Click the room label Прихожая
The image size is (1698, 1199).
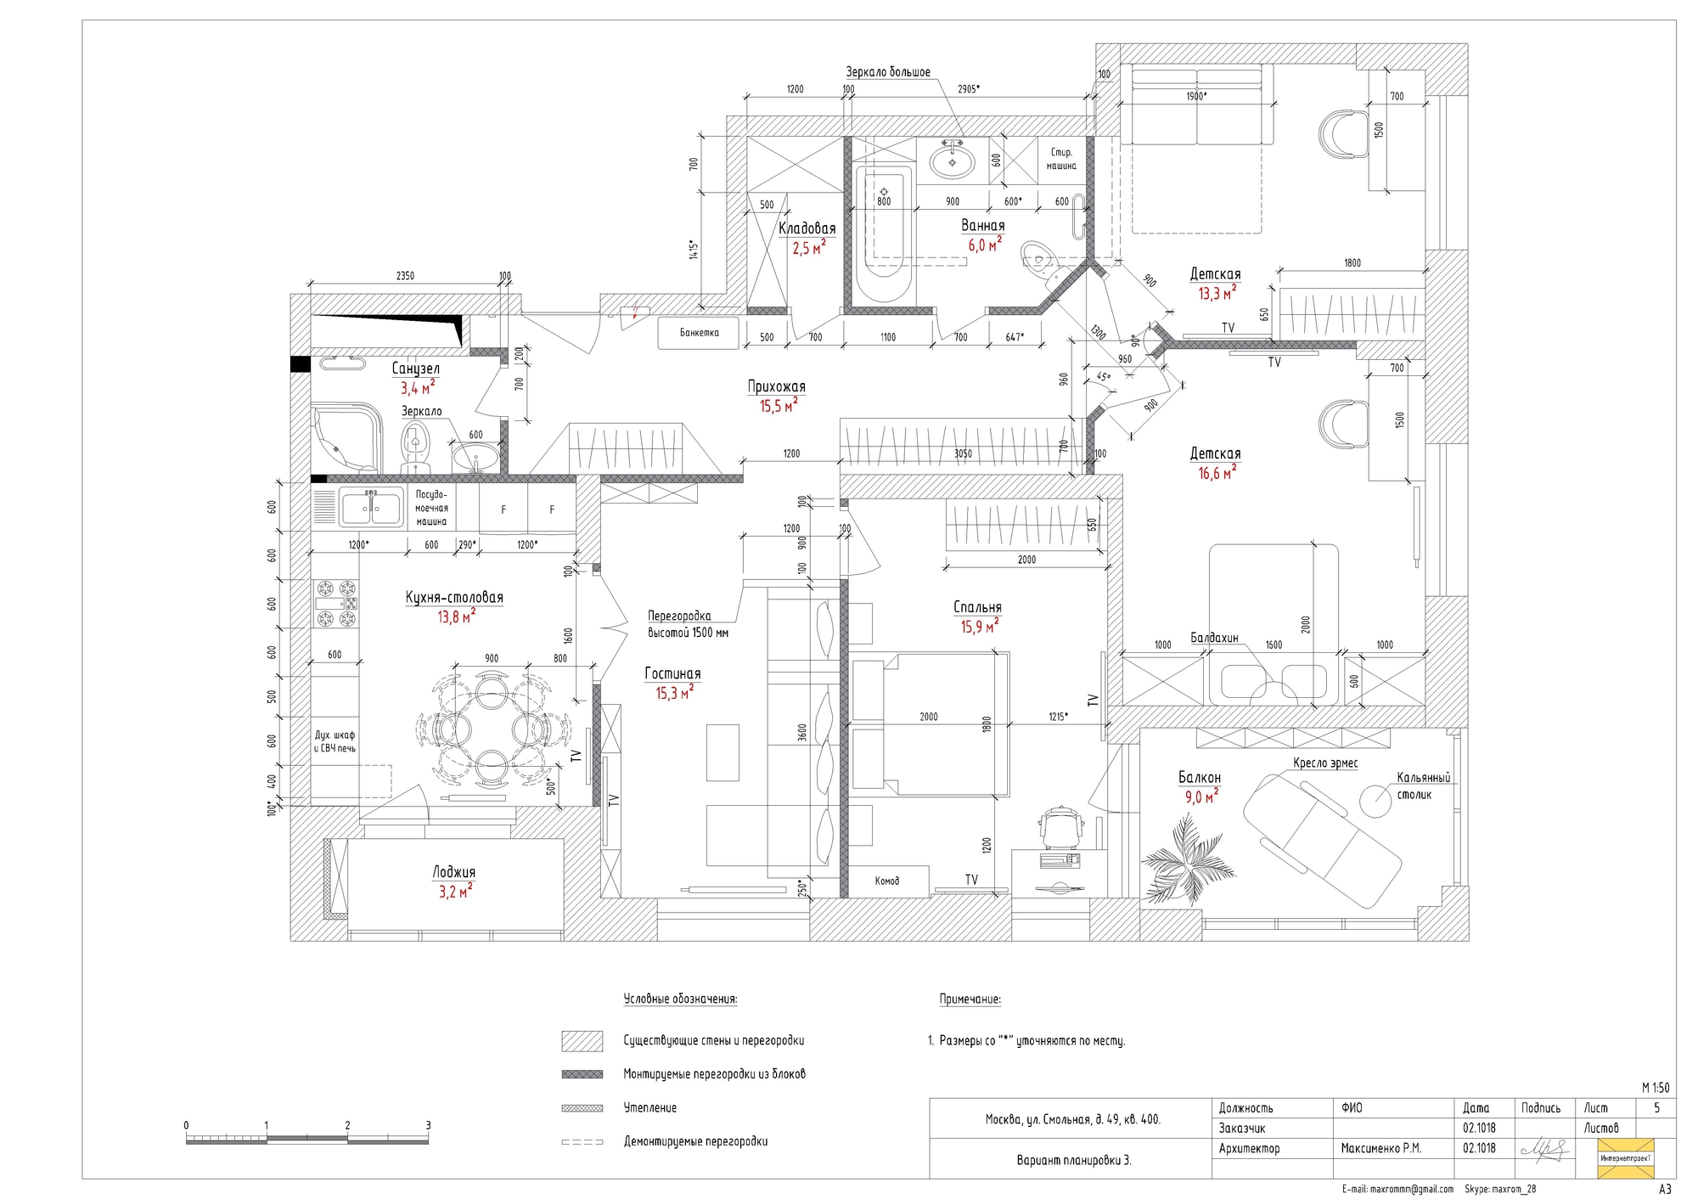(x=776, y=386)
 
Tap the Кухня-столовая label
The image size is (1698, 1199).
(x=454, y=598)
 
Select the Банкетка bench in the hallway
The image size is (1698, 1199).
(x=699, y=333)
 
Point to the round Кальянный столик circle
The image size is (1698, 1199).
(x=1375, y=800)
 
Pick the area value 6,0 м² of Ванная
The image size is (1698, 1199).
(x=985, y=245)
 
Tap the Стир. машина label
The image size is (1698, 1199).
(x=1061, y=159)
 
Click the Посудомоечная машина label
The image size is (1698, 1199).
(x=431, y=508)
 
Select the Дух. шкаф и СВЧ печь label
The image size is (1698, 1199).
(x=335, y=741)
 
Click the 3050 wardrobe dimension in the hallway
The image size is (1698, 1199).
(x=963, y=453)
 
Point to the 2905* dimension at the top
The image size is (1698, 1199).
(x=968, y=89)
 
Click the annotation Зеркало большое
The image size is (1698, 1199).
(x=888, y=72)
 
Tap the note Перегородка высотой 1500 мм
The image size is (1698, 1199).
(x=688, y=624)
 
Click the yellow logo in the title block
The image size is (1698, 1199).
(x=1626, y=1158)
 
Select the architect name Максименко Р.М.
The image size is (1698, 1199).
(x=1380, y=1148)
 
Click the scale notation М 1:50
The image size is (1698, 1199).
(x=1656, y=1088)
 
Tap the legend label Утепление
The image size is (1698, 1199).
(x=650, y=1107)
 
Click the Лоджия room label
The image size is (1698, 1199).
(x=454, y=872)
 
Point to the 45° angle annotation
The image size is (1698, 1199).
(x=1103, y=377)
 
